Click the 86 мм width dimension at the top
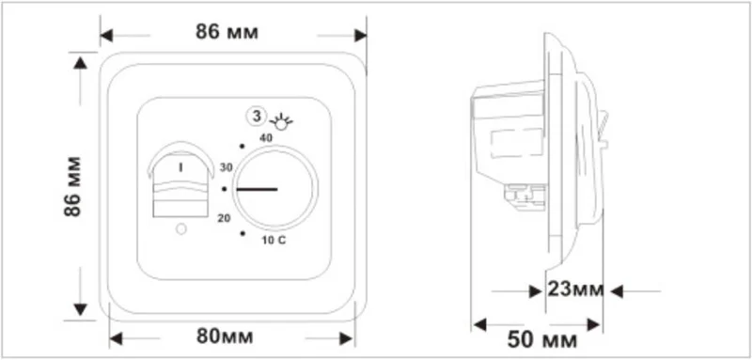point(227,32)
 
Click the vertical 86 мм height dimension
point(73,186)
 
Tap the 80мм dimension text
point(225,337)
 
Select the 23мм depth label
point(575,290)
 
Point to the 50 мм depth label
point(542,340)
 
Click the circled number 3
point(257,116)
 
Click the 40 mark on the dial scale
point(266,138)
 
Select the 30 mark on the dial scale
point(226,167)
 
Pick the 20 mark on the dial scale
point(224,219)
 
